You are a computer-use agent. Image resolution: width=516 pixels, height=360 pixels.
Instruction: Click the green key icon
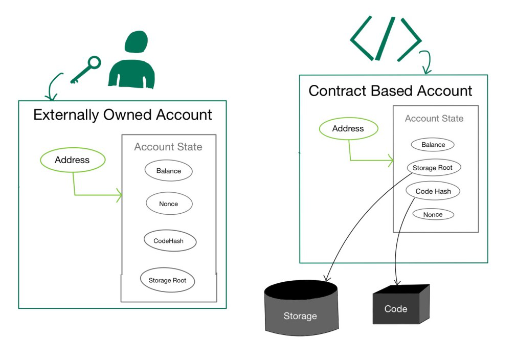pyautogui.click(x=85, y=70)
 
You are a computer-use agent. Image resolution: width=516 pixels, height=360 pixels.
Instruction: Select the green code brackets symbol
pyautogui.click(x=385, y=38)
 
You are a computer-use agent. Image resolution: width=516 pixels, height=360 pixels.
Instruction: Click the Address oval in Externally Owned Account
pyautogui.click(x=72, y=160)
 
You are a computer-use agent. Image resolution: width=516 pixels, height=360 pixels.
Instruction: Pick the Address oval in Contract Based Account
pyautogui.click(x=348, y=129)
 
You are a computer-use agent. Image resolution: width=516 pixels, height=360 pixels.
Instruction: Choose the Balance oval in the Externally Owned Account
pyautogui.click(x=168, y=171)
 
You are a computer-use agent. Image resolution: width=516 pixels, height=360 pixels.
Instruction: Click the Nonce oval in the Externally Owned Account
pyautogui.click(x=168, y=204)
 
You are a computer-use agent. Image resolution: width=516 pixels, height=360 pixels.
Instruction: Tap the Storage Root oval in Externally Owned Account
pyautogui.click(x=167, y=280)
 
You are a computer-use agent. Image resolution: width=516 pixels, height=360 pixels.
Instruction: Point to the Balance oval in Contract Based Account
pyautogui.click(x=433, y=145)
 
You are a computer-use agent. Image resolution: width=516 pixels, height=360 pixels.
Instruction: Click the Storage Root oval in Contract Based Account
pyautogui.click(x=432, y=168)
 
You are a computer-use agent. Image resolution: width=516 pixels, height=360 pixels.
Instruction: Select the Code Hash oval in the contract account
pyautogui.click(x=433, y=191)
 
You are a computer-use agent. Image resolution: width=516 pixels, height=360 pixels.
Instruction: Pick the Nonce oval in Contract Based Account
pyautogui.click(x=433, y=214)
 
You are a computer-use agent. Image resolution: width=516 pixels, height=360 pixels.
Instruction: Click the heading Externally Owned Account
pyautogui.click(x=122, y=115)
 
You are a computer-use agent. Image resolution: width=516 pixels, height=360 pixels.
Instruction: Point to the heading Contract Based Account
pyautogui.click(x=390, y=91)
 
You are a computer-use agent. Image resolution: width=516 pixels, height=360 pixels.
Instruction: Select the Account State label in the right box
pyautogui.click(x=434, y=119)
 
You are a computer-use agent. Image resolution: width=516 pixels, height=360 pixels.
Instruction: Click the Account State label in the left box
pyautogui.click(x=168, y=147)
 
